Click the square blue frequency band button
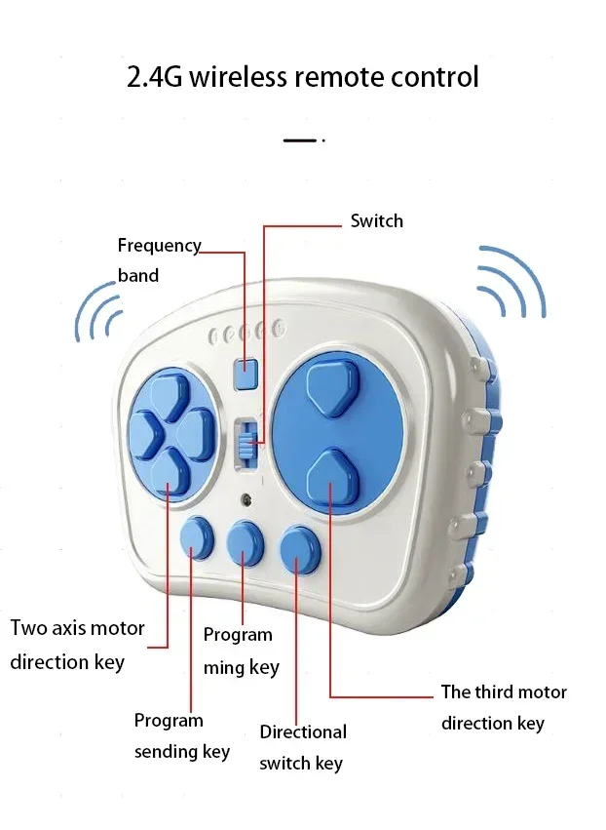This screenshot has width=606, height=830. pos(246,373)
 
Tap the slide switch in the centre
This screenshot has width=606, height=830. pos(247,444)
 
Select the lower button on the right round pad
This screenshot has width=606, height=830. pos(331,477)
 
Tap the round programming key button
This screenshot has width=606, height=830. pos(245,543)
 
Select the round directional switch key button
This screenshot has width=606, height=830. pos(299,548)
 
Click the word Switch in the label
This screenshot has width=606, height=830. pos(376,221)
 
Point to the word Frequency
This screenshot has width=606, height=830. pos(159,246)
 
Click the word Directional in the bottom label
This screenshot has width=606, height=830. pos(302,731)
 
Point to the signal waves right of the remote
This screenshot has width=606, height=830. pos(511,282)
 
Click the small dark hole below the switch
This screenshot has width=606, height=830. pos(247,499)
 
